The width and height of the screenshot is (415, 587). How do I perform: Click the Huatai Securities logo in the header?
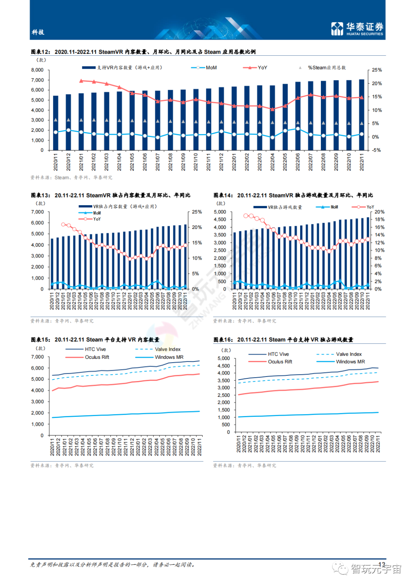[357, 28]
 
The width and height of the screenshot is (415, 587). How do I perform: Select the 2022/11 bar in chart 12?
[362, 115]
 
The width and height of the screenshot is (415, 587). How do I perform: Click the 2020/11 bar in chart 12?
[56, 123]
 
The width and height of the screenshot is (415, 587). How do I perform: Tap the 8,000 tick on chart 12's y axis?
[37, 70]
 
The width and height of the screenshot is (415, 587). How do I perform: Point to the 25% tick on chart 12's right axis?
[377, 70]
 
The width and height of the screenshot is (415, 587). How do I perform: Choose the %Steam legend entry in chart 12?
[326, 68]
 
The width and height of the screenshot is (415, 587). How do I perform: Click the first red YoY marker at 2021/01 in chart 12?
[81, 81]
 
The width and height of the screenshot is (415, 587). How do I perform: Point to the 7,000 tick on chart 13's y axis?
[37, 212]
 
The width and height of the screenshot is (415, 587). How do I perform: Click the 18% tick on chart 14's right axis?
[379, 219]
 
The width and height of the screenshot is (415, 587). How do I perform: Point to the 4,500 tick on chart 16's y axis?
[224, 366]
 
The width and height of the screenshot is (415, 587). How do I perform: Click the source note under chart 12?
[71, 177]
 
